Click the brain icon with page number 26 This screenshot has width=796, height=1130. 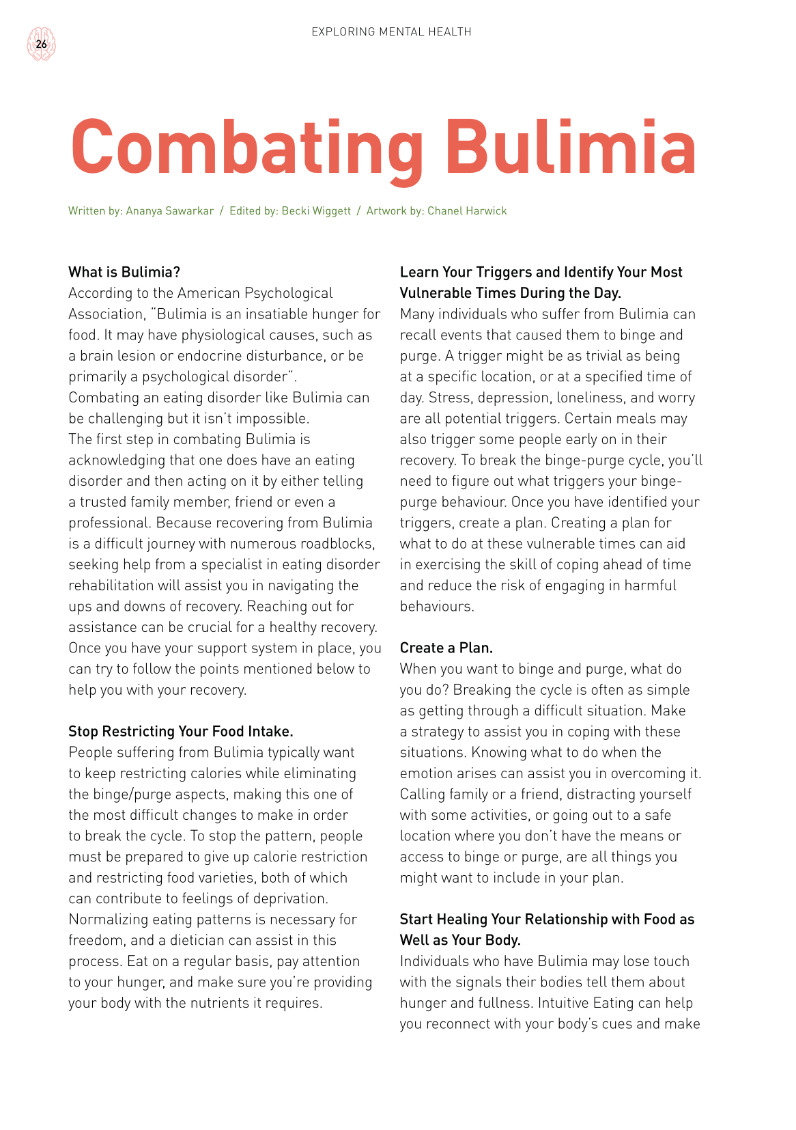(x=41, y=44)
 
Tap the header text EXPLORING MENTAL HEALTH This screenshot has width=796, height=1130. (x=391, y=31)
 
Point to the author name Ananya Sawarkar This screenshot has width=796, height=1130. (x=170, y=211)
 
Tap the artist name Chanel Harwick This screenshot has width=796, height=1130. (x=467, y=211)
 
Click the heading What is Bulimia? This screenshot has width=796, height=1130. (x=124, y=272)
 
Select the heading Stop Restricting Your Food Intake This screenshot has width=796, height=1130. (x=180, y=731)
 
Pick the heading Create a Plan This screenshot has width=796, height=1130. (x=446, y=648)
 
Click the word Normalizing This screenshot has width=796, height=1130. (x=108, y=920)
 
